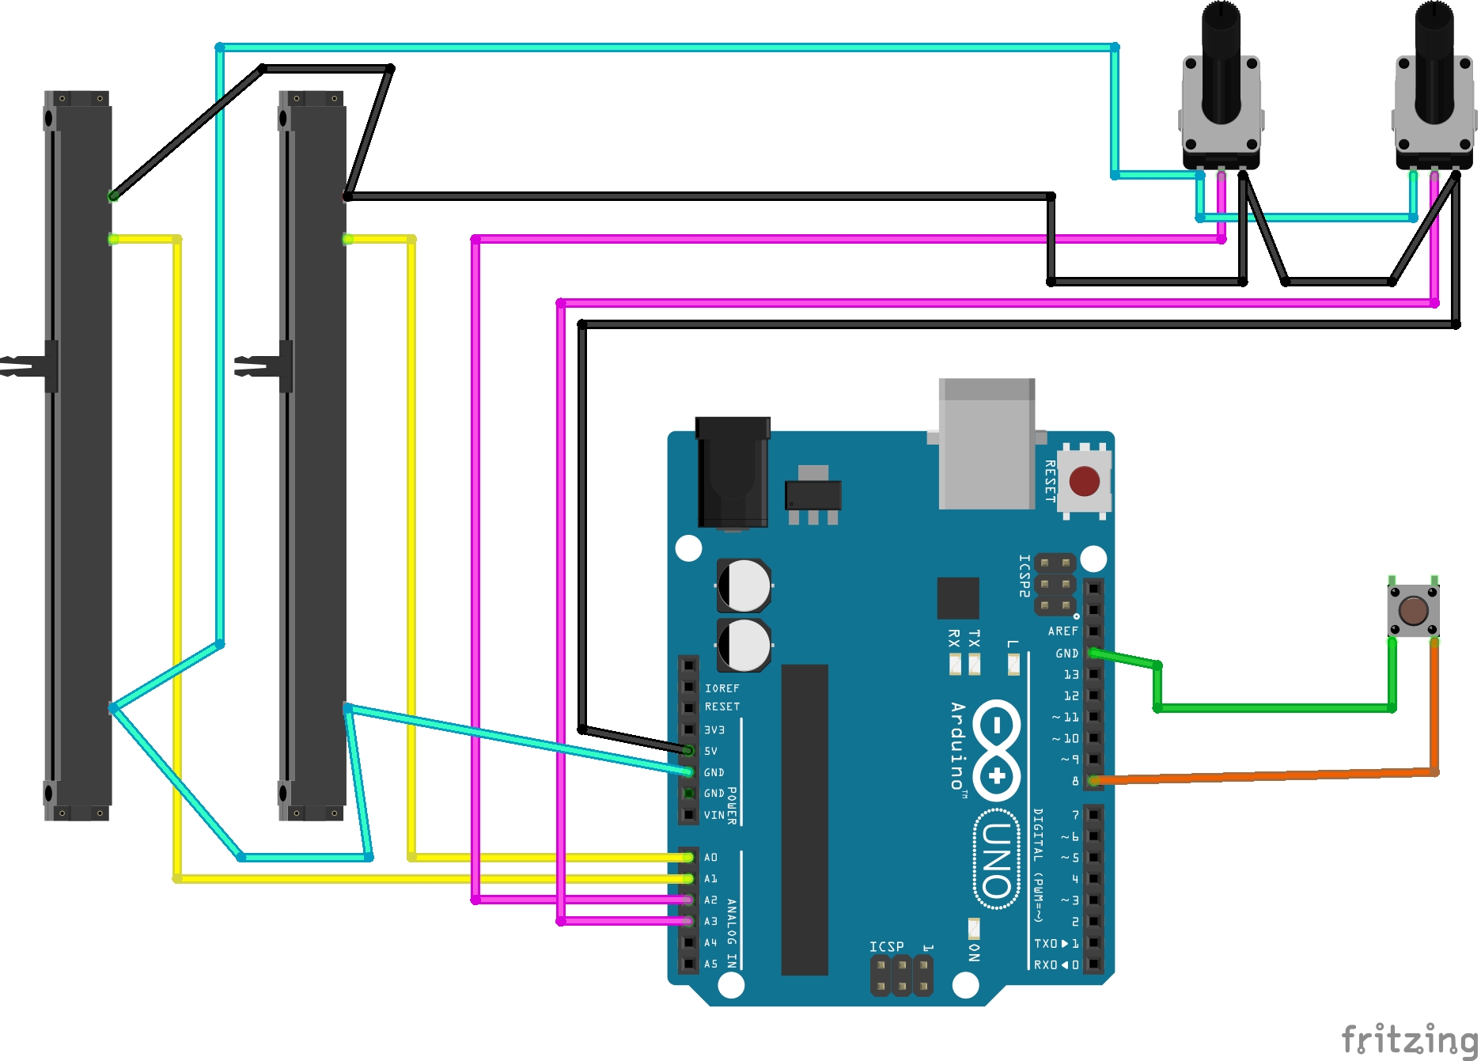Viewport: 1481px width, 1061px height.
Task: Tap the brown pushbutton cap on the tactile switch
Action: click(x=1413, y=611)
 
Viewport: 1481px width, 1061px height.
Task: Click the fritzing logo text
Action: click(x=1409, y=1039)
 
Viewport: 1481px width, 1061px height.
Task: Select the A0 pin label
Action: click(x=710, y=858)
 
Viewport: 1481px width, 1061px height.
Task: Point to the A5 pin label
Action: click(x=710, y=964)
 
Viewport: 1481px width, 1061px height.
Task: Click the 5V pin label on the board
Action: click(x=710, y=751)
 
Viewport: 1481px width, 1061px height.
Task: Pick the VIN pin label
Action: click(x=714, y=815)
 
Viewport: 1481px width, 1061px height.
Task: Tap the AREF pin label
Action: click(x=1062, y=631)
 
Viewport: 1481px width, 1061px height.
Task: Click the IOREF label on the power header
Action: click(x=722, y=688)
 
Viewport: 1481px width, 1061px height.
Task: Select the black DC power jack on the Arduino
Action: click(x=733, y=472)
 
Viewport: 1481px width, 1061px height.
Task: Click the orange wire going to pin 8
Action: click(x=1266, y=776)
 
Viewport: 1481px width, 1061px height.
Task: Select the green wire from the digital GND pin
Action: click(x=1274, y=708)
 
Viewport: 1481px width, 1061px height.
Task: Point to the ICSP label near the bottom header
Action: click(x=886, y=946)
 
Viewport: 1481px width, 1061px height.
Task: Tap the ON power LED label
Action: click(x=974, y=952)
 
